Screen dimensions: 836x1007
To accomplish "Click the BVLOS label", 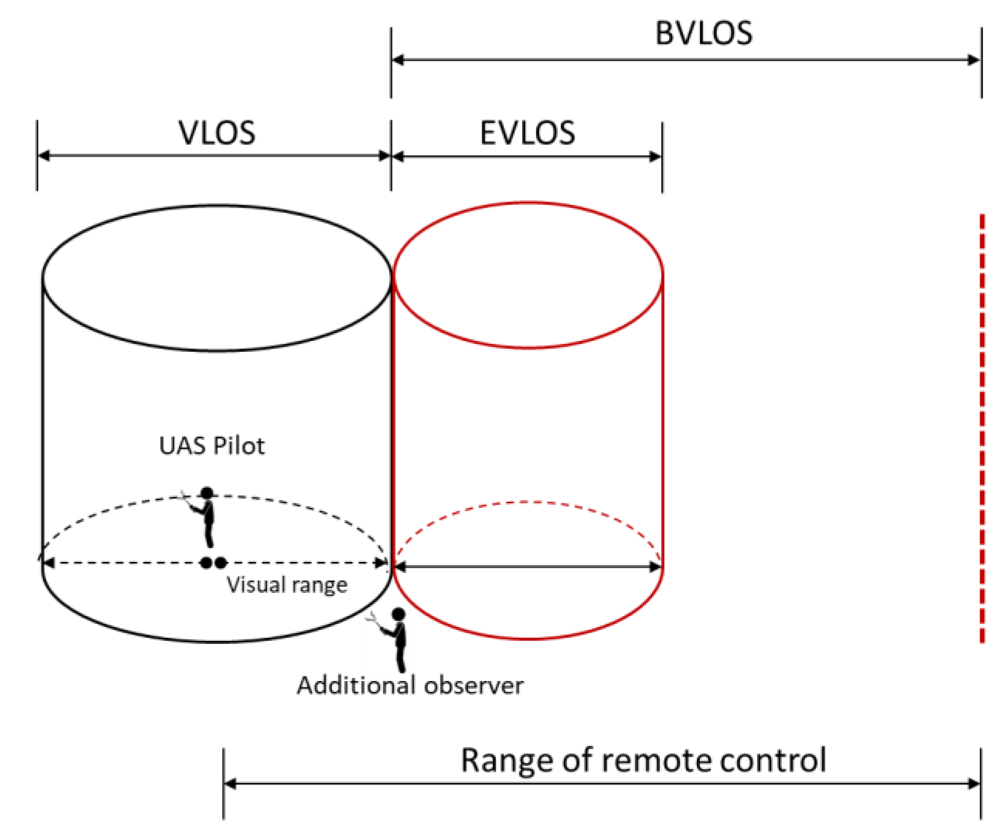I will (703, 34).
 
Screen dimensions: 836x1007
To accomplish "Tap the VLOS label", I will (217, 133).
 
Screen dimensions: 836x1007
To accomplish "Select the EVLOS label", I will (527, 133).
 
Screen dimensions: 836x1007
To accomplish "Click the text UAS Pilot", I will (212, 446).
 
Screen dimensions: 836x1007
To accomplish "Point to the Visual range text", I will (287, 585).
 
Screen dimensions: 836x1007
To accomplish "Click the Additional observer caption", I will (410, 686).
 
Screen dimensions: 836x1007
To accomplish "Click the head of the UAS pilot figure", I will (207, 493).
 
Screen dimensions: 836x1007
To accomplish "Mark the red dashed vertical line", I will (982, 428).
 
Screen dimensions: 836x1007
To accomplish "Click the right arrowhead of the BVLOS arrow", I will (973, 60).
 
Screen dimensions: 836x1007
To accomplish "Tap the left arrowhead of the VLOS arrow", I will (44, 156).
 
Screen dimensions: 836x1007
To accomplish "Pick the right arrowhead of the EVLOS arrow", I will (655, 157).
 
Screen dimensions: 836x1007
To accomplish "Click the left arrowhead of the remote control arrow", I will (231, 784).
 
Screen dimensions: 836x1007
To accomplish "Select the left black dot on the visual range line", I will (206, 563).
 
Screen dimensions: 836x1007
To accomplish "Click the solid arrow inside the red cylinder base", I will (527, 567).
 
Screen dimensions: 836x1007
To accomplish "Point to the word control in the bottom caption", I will (773, 761).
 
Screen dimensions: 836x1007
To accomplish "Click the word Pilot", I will (238, 446).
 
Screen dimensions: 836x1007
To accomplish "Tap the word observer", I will (473, 686).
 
